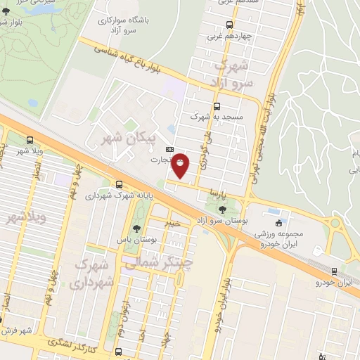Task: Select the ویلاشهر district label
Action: coord(26,219)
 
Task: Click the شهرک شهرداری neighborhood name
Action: coord(91,274)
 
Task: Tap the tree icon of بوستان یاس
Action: coord(135,228)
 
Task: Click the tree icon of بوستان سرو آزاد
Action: coord(223,209)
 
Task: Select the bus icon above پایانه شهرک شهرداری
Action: coord(118,184)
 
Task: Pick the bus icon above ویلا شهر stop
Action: coord(30,141)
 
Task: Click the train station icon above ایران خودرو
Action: coord(333,271)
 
